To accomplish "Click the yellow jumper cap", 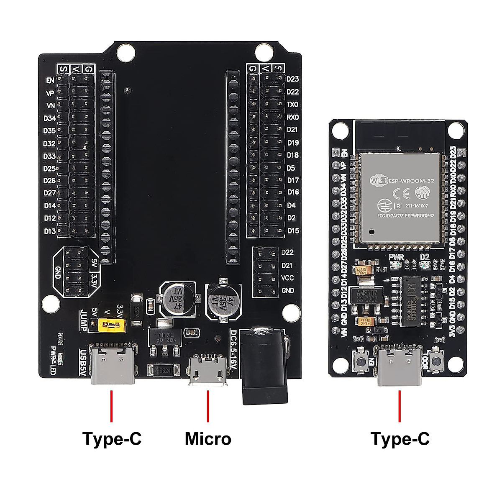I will [111, 325].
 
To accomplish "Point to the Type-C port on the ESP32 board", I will [400, 366].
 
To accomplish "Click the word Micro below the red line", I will [208, 439].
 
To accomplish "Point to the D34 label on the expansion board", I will [49, 118].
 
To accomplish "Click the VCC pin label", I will [287, 278].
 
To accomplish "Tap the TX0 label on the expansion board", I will [292, 105].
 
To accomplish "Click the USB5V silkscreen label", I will [83, 361].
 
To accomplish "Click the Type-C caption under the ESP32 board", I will [400, 439].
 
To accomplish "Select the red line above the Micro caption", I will [208, 406].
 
